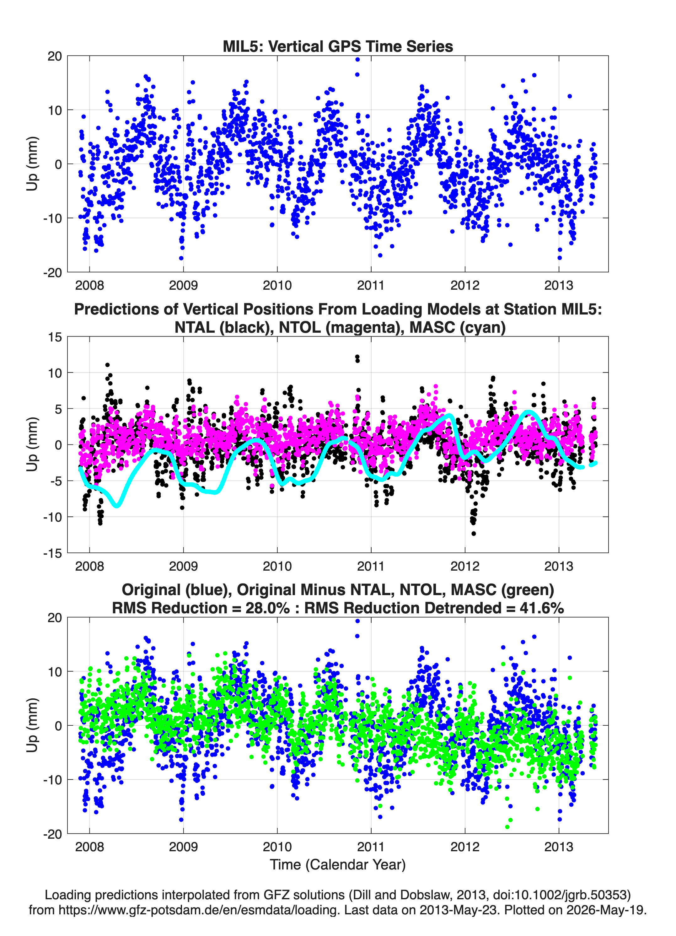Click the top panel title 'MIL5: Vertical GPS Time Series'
click(x=338, y=46)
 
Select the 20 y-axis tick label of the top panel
click(x=55, y=56)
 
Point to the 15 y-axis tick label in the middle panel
click(x=55, y=337)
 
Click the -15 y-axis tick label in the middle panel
click(x=52, y=553)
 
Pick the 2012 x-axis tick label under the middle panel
click(x=465, y=566)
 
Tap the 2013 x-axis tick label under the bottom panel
click(x=559, y=847)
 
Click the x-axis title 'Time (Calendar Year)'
click(x=338, y=865)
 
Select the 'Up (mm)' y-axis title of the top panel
click(x=32, y=164)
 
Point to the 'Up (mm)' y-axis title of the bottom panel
click(x=32, y=725)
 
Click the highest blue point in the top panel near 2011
click(x=357, y=59)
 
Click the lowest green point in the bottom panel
click(x=507, y=827)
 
